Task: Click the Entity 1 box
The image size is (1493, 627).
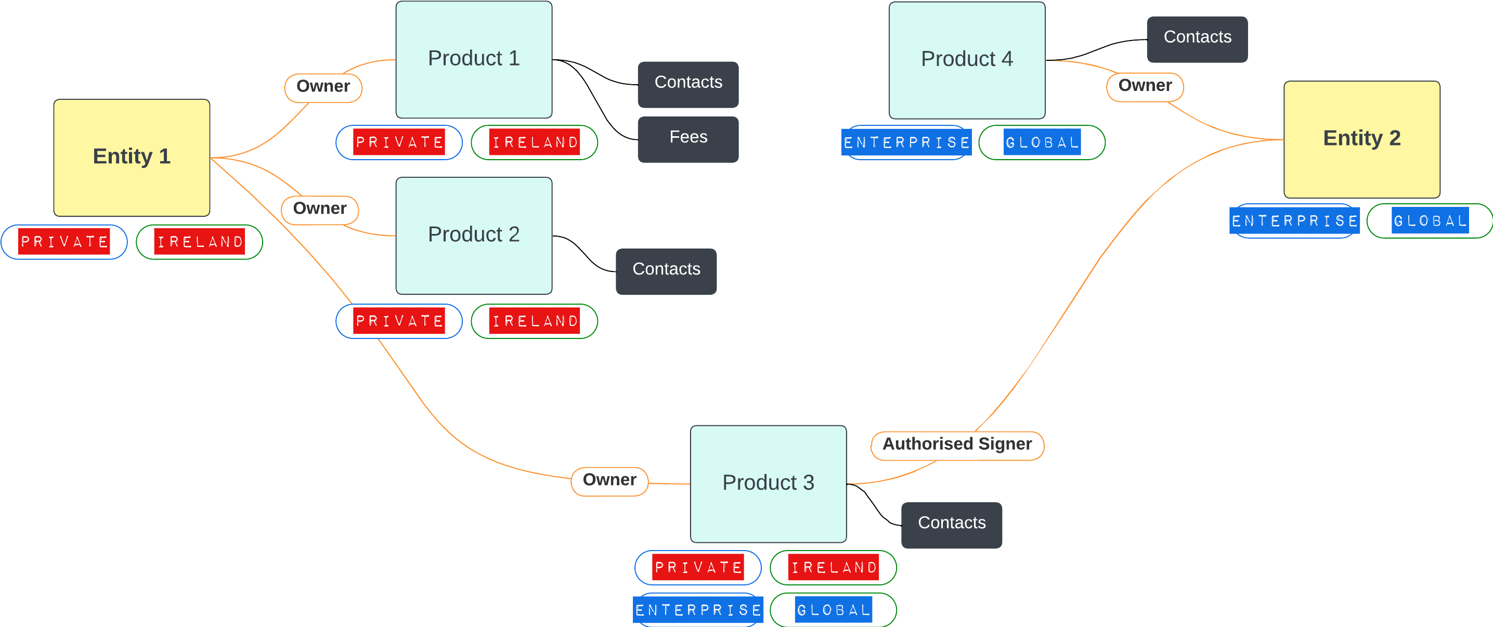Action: click(132, 157)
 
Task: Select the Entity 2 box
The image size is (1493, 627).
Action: click(1361, 139)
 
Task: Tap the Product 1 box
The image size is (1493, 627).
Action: click(474, 59)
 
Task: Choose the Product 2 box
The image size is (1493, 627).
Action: click(474, 236)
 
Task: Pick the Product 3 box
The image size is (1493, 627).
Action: click(768, 484)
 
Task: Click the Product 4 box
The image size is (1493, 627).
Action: click(967, 60)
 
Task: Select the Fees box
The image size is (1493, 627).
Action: click(688, 139)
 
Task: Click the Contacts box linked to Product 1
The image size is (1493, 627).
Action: click(688, 84)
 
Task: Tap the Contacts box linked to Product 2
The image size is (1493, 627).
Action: click(666, 271)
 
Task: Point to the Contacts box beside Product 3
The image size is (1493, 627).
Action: click(951, 525)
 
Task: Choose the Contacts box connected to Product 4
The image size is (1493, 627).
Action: click(1197, 39)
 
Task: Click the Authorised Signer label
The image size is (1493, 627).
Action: click(957, 445)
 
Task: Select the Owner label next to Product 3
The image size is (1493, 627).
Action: click(609, 481)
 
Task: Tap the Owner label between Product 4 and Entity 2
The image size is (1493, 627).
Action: click(1145, 87)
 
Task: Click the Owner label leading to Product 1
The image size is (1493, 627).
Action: click(323, 87)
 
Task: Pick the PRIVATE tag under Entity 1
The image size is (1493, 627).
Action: click(64, 242)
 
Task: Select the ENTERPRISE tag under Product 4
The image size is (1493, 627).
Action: click(906, 142)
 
